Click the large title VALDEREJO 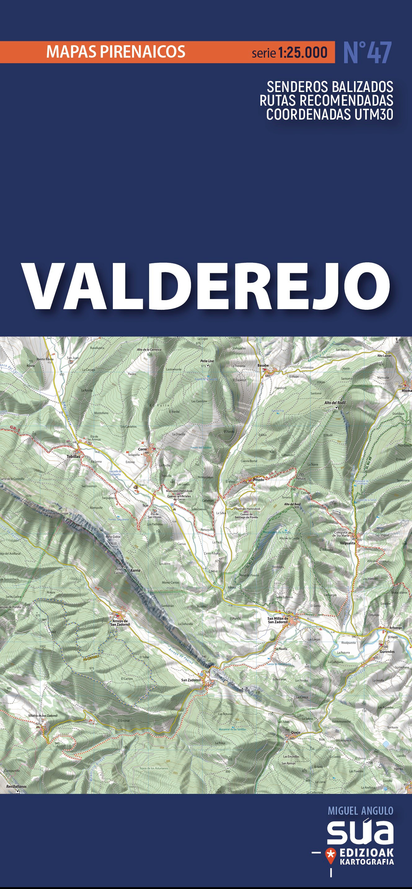pyautogui.click(x=206, y=287)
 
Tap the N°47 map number pyautogui.click(x=367, y=53)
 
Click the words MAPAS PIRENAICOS pyautogui.click(x=116, y=52)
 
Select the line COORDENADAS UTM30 pyautogui.click(x=330, y=114)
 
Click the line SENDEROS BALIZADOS pyautogui.click(x=330, y=87)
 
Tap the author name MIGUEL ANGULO pyautogui.click(x=360, y=811)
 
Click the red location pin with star pyautogui.click(x=330, y=854)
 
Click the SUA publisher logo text pyautogui.click(x=360, y=831)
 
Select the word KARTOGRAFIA pyautogui.click(x=367, y=861)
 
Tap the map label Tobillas pyautogui.click(x=73, y=456)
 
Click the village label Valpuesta pyautogui.click(x=348, y=543)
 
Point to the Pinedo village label pyautogui.click(x=258, y=480)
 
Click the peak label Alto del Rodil pyautogui.click(x=334, y=402)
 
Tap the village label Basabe pyautogui.click(x=263, y=365)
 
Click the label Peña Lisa pyautogui.click(x=207, y=361)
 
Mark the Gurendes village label pyautogui.click(x=387, y=651)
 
